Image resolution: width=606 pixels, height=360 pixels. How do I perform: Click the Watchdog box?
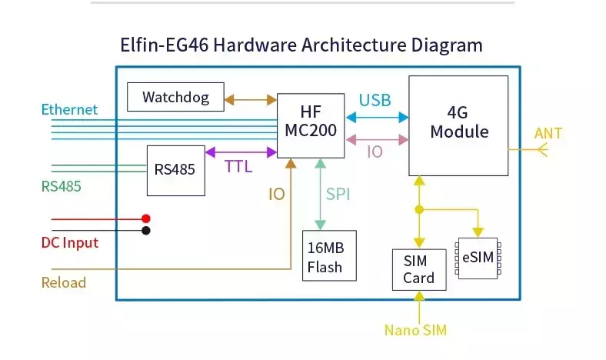click(x=175, y=97)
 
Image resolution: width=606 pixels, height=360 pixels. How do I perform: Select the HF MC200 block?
click(x=311, y=125)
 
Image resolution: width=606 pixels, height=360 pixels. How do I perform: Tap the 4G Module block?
click(x=458, y=125)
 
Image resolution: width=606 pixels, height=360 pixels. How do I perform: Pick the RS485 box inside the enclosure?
click(x=176, y=171)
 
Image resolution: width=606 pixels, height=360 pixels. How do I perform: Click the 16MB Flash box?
click(x=329, y=255)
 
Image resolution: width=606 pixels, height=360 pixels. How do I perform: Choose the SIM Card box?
click(x=419, y=269)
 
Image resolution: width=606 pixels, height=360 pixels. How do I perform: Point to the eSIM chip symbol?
click(x=478, y=258)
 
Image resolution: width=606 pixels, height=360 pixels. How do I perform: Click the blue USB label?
click(x=375, y=100)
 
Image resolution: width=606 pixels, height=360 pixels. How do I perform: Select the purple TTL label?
click(x=238, y=167)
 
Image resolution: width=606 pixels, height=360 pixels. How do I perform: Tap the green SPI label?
click(x=338, y=194)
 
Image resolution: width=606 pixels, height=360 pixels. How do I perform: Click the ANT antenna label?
click(x=548, y=133)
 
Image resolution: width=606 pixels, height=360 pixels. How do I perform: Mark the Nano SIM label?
click(x=415, y=330)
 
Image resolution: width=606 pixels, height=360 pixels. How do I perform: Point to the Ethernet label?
click(x=69, y=109)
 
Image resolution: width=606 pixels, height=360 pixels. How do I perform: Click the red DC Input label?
click(x=70, y=243)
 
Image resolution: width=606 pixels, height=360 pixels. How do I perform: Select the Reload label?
click(x=64, y=282)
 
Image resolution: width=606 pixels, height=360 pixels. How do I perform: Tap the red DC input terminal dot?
click(x=145, y=218)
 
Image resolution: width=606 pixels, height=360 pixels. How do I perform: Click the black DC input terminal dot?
click(x=145, y=231)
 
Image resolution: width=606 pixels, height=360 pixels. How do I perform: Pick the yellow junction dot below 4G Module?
click(x=419, y=209)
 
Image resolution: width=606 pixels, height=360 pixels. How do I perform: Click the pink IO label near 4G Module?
click(x=375, y=152)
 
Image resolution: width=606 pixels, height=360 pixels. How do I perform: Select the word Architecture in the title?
click(x=354, y=45)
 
